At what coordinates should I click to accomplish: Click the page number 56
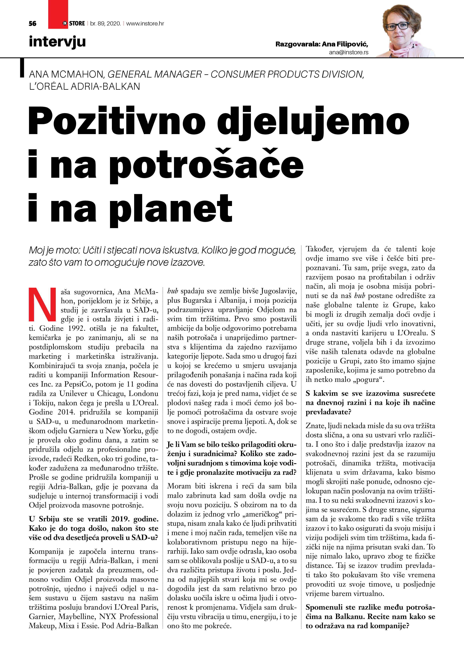click(33, 23)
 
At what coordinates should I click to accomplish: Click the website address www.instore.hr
click(145, 23)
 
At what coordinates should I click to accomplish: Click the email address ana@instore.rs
click(349, 52)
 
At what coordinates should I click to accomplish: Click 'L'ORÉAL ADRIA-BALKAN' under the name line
click(85, 86)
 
